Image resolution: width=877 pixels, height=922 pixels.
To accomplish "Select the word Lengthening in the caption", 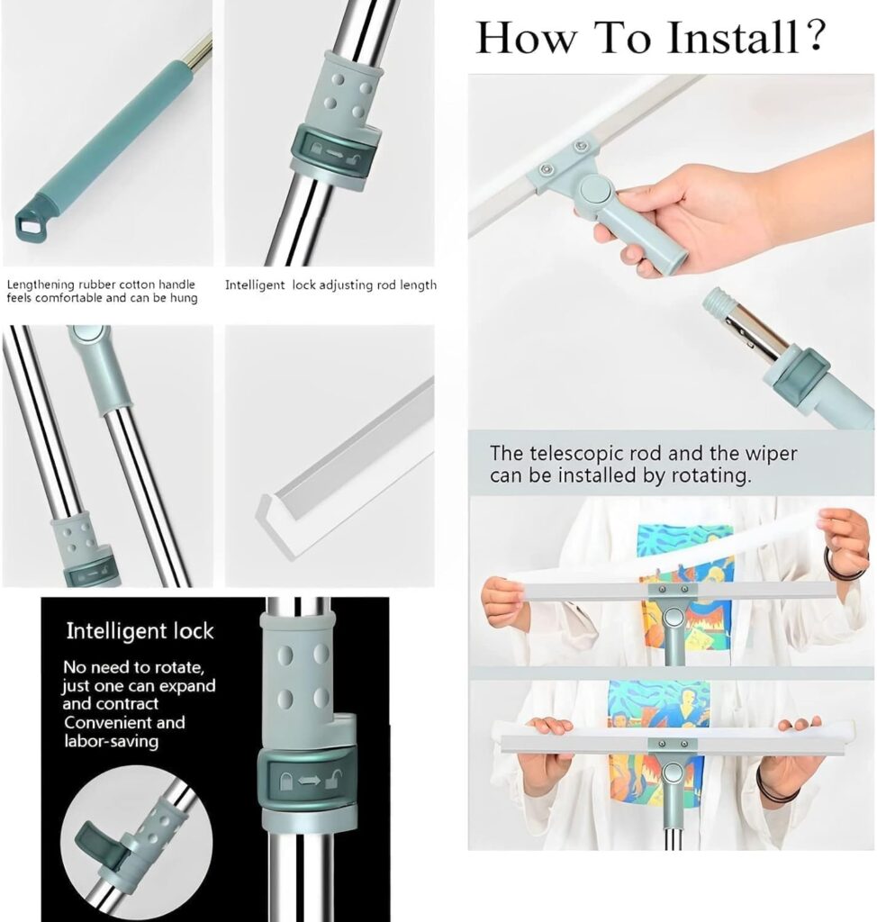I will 38,285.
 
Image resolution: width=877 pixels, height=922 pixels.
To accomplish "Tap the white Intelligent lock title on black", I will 140,631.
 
